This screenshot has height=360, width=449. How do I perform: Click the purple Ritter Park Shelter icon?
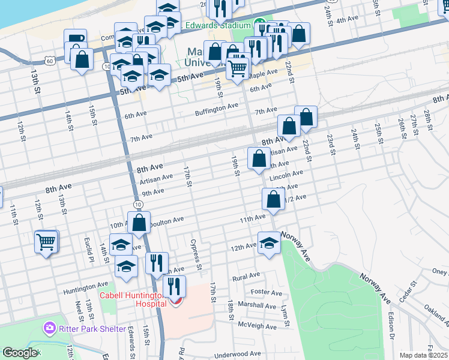tap(49, 329)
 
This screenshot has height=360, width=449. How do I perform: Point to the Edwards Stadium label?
tap(217, 25)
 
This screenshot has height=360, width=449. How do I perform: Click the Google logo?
tap(19, 353)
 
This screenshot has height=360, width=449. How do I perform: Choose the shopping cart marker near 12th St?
tap(46, 242)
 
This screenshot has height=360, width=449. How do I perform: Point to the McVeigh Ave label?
tap(258, 326)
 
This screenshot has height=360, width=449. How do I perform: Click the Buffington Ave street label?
tap(217, 107)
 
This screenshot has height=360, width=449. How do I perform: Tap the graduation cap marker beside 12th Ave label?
tap(269, 243)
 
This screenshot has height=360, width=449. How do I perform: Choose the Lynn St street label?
tap(285, 316)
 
